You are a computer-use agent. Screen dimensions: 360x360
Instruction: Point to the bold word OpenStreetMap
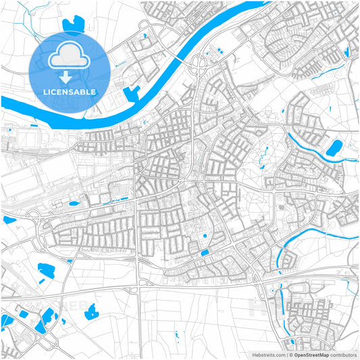tap(311, 355)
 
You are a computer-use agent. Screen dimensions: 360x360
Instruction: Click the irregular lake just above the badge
tap(71, 25)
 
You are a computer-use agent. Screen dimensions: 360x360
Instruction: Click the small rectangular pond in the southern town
tap(205, 253)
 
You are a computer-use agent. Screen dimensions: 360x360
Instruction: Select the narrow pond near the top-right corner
tap(347, 50)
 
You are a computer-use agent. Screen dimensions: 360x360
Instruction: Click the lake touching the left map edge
tap(8, 220)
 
